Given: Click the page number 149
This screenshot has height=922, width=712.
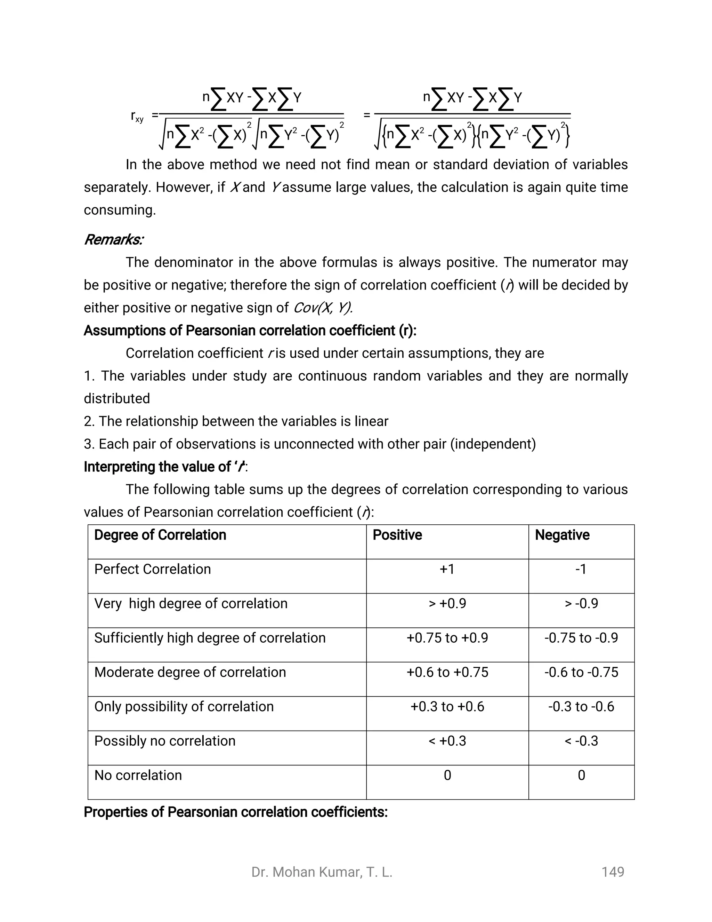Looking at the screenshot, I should coord(613,872).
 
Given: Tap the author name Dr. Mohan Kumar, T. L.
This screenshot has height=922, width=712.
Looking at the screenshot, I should coord(322,872).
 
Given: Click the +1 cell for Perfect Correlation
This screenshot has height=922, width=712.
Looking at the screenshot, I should coord(447,569).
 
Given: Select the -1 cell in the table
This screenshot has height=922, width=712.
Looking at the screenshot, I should coord(581,569).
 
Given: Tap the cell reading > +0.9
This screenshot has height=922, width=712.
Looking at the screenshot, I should coord(447,603).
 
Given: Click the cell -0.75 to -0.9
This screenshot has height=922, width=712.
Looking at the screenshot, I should coord(581,638).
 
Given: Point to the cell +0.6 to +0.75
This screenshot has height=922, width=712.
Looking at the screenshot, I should coord(447,672).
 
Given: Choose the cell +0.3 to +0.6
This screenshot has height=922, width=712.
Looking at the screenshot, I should coord(447,706).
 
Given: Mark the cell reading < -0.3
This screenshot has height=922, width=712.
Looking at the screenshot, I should coord(581,741).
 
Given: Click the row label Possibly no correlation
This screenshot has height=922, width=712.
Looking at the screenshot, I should coord(164,741).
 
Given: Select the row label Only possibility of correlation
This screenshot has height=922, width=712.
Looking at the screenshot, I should coord(184,706).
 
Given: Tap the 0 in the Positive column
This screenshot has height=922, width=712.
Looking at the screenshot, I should coord(447,775).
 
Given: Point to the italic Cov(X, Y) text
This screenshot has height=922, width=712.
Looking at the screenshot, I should coord(323,308).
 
